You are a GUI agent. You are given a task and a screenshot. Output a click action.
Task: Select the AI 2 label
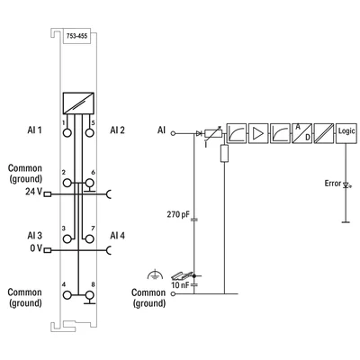coord(117,130)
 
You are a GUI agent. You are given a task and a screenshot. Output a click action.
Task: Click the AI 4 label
coord(117,235)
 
